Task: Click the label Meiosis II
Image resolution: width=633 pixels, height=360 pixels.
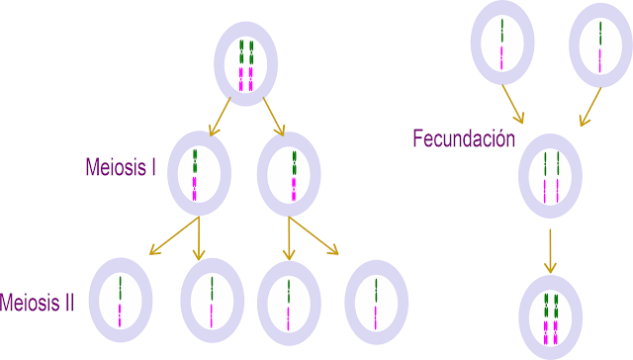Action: pyautogui.click(x=38, y=302)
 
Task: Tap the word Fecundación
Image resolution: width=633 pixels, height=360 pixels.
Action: pyautogui.click(x=464, y=138)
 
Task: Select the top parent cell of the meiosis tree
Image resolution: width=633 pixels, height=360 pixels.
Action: pyautogui.click(x=246, y=64)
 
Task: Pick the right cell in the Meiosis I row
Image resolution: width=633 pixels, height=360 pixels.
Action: pyautogui.click(x=292, y=174)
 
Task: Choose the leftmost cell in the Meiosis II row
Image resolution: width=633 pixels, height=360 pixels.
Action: pyautogui.click(x=121, y=301)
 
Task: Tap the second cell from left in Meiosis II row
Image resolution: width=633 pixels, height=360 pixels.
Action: pyautogui.click(x=212, y=301)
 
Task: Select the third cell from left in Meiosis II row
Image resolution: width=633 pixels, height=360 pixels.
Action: pyautogui.click(x=288, y=301)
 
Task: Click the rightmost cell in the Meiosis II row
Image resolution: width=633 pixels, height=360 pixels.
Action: pyautogui.click(x=377, y=301)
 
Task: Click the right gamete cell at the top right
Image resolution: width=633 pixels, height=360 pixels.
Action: pyautogui.click(x=600, y=45)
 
